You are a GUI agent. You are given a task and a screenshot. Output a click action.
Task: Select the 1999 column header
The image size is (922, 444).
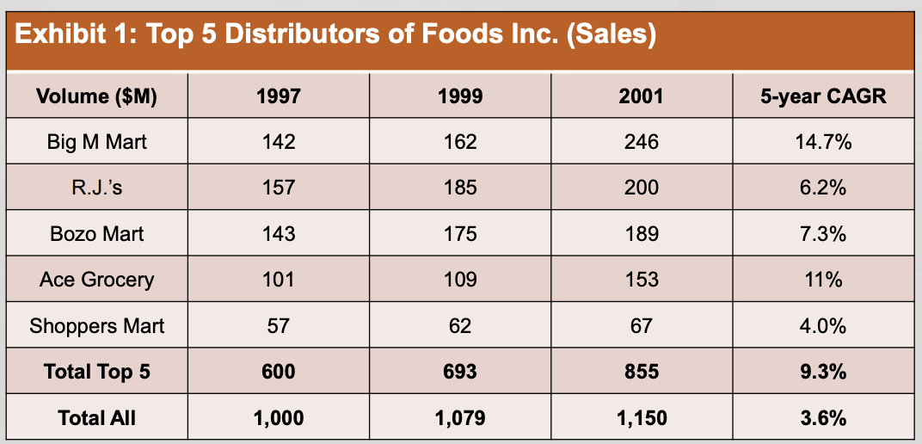(x=460, y=96)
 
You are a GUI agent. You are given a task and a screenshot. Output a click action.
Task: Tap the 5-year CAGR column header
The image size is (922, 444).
(x=822, y=96)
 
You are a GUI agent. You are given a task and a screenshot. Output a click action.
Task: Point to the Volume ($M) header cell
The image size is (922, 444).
(x=97, y=96)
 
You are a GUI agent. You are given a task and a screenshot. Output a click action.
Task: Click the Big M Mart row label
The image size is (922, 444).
(x=97, y=142)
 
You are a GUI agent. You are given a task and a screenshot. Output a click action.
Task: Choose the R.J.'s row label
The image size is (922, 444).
(x=97, y=188)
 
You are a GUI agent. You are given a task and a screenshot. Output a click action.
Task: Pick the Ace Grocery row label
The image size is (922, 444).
(x=97, y=280)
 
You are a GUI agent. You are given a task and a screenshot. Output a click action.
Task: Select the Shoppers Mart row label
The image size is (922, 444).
(x=97, y=325)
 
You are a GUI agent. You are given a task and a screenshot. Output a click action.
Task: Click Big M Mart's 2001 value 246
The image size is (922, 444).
(x=642, y=142)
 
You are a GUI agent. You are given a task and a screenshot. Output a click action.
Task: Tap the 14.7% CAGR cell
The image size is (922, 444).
(x=822, y=142)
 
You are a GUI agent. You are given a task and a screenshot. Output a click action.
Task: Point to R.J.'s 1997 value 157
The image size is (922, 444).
(x=279, y=188)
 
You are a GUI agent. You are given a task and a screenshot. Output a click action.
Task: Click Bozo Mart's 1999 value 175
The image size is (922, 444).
(x=460, y=233)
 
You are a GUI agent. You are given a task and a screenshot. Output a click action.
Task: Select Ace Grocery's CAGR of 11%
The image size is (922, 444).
(x=822, y=280)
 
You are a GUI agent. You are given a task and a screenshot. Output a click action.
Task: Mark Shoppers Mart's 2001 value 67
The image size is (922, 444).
(x=642, y=325)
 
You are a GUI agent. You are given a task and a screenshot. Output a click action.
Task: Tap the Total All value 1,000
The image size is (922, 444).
(x=279, y=418)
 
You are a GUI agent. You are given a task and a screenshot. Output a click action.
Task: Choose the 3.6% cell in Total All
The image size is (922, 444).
(x=822, y=418)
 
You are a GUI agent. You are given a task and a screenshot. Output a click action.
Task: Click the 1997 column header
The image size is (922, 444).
(x=279, y=96)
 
